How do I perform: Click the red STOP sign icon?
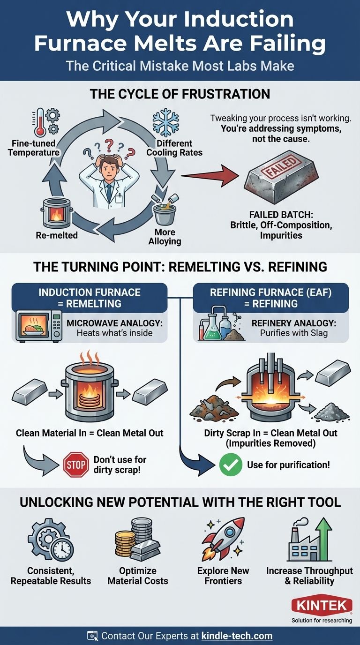(76, 465)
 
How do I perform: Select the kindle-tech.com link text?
(237, 636)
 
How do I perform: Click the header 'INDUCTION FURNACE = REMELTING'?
(90, 298)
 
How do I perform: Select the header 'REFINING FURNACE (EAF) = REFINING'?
(270, 298)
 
